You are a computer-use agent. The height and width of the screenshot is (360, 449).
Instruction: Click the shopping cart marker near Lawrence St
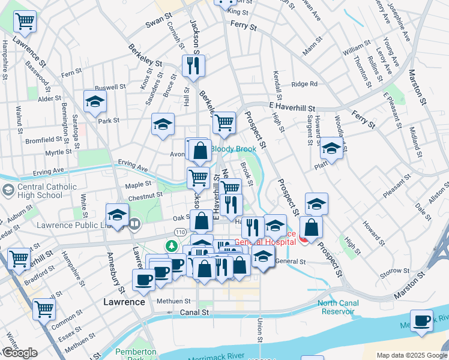[x=25, y=22]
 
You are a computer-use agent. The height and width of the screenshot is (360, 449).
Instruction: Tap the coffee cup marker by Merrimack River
[x=421, y=320]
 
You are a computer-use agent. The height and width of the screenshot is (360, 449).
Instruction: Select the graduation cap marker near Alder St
[x=95, y=103]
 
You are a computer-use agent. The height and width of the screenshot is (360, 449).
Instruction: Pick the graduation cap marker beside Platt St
[x=331, y=148]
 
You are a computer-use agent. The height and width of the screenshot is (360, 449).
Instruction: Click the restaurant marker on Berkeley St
[x=193, y=66]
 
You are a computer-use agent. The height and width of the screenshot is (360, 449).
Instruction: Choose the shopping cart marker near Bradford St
[x=19, y=259]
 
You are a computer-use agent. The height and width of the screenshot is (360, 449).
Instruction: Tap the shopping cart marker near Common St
[x=44, y=310]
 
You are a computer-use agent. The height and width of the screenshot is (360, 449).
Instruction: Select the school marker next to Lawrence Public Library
[x=118, y=214]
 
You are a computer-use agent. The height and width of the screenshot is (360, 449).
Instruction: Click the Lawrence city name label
[x=124, y=302]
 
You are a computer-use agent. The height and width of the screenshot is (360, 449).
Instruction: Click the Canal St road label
[x=194, y=313]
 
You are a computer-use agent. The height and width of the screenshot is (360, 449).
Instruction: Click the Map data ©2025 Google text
[x=411, y=355]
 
